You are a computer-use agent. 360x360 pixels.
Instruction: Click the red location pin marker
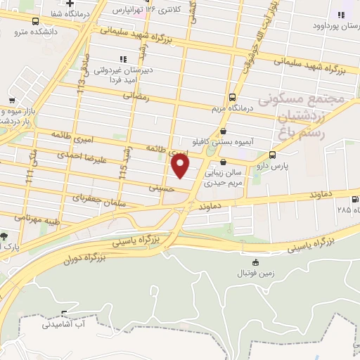(180, 166)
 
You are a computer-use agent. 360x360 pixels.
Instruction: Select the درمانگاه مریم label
(233, 109)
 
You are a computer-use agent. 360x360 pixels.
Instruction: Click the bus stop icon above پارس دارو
(272, 155)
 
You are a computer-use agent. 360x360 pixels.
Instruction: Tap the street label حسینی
(160, 188)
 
